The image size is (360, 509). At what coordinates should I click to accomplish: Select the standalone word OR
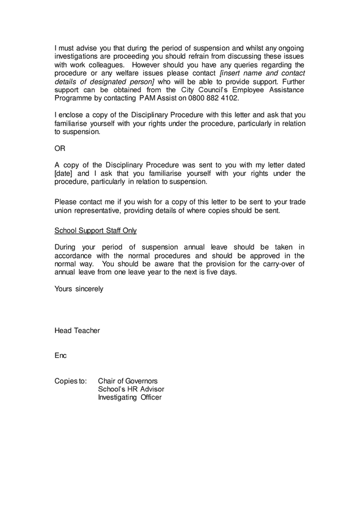tap(60, 148)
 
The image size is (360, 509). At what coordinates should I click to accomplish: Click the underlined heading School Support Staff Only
tap(95, 231)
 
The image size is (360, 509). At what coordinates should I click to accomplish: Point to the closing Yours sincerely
tap(79, 288)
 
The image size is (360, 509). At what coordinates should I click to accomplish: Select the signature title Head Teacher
tap(77, 330)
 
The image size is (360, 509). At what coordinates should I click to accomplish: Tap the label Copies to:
tap(71, 381)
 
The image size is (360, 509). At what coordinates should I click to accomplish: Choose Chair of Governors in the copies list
tap(127, 381)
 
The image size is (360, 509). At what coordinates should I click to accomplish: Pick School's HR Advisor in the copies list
tap(131, 389)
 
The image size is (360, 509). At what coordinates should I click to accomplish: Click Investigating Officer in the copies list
tap(130, 398)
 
